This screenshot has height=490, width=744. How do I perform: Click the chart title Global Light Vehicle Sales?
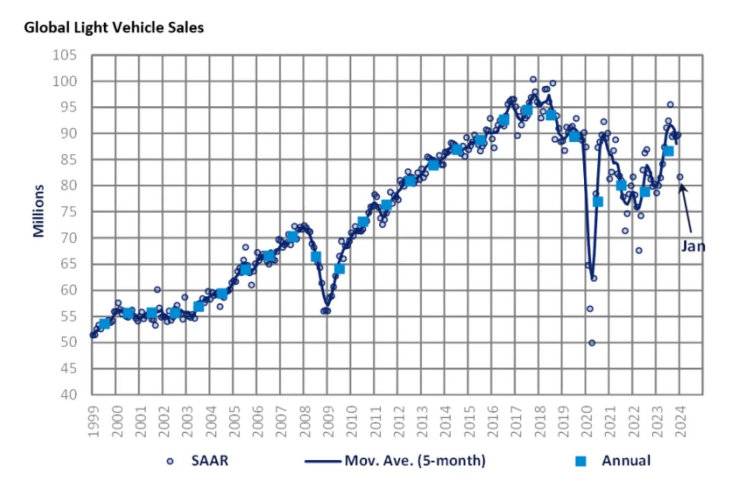pyautogui.click(x=114, y=28)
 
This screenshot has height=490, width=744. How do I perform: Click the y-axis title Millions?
pyautogui.click(x=38, y=211)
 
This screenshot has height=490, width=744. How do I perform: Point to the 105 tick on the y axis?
pyautogui.click(x=65, y=56)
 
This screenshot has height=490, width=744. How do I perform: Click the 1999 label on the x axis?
pyautogui.click(x=93, y=421)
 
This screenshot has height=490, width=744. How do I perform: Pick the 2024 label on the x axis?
pyautogui.click(x=680, y=421)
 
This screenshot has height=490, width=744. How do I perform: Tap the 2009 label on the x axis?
pyautogui.click(x=328, y=421)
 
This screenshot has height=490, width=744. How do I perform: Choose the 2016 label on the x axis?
pyautogui.click(x=493, y=421)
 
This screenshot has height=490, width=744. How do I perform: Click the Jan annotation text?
pyautogui.click(x=693, y=247)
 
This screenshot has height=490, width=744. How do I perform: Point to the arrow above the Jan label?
pyautogui.click(x=686, y=208)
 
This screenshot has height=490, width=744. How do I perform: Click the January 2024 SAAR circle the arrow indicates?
pyautogui.click(x=680, y=177)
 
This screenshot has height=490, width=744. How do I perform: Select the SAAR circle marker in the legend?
pyautogui.click(x=170, y=461)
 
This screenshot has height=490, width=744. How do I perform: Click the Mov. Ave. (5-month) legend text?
pyautogui.click(x=415, y=461)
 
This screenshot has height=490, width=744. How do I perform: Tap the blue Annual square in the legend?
pyautogui.click(x=581, y=461)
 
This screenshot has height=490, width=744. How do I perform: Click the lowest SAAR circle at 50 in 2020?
pyautogui.click(x=592, y=343)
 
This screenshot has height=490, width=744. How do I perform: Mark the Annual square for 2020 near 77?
pyautogui.click(x=598, y=202)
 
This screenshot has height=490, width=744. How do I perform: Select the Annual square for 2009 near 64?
pyautogui.click(x=339, y=269)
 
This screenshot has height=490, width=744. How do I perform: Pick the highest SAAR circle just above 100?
pyautogui.click(x=533, y=79)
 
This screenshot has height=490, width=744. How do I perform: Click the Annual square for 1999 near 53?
pyautogui.click(x=105, y=324)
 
